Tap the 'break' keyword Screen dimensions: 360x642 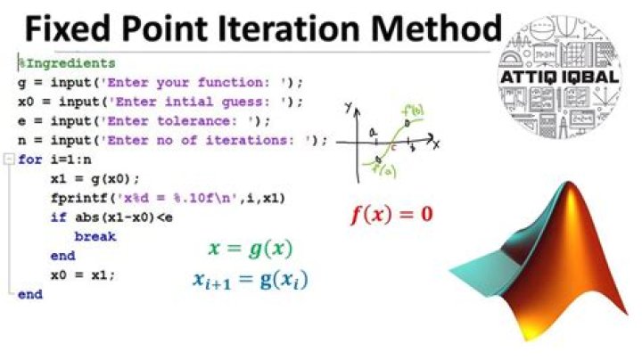(95, 236)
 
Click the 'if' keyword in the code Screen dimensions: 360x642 (58, 217)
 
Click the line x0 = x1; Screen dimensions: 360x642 (84, 274)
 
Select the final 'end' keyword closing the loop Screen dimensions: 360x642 (29, 293)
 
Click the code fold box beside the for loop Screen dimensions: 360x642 (9, 160)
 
